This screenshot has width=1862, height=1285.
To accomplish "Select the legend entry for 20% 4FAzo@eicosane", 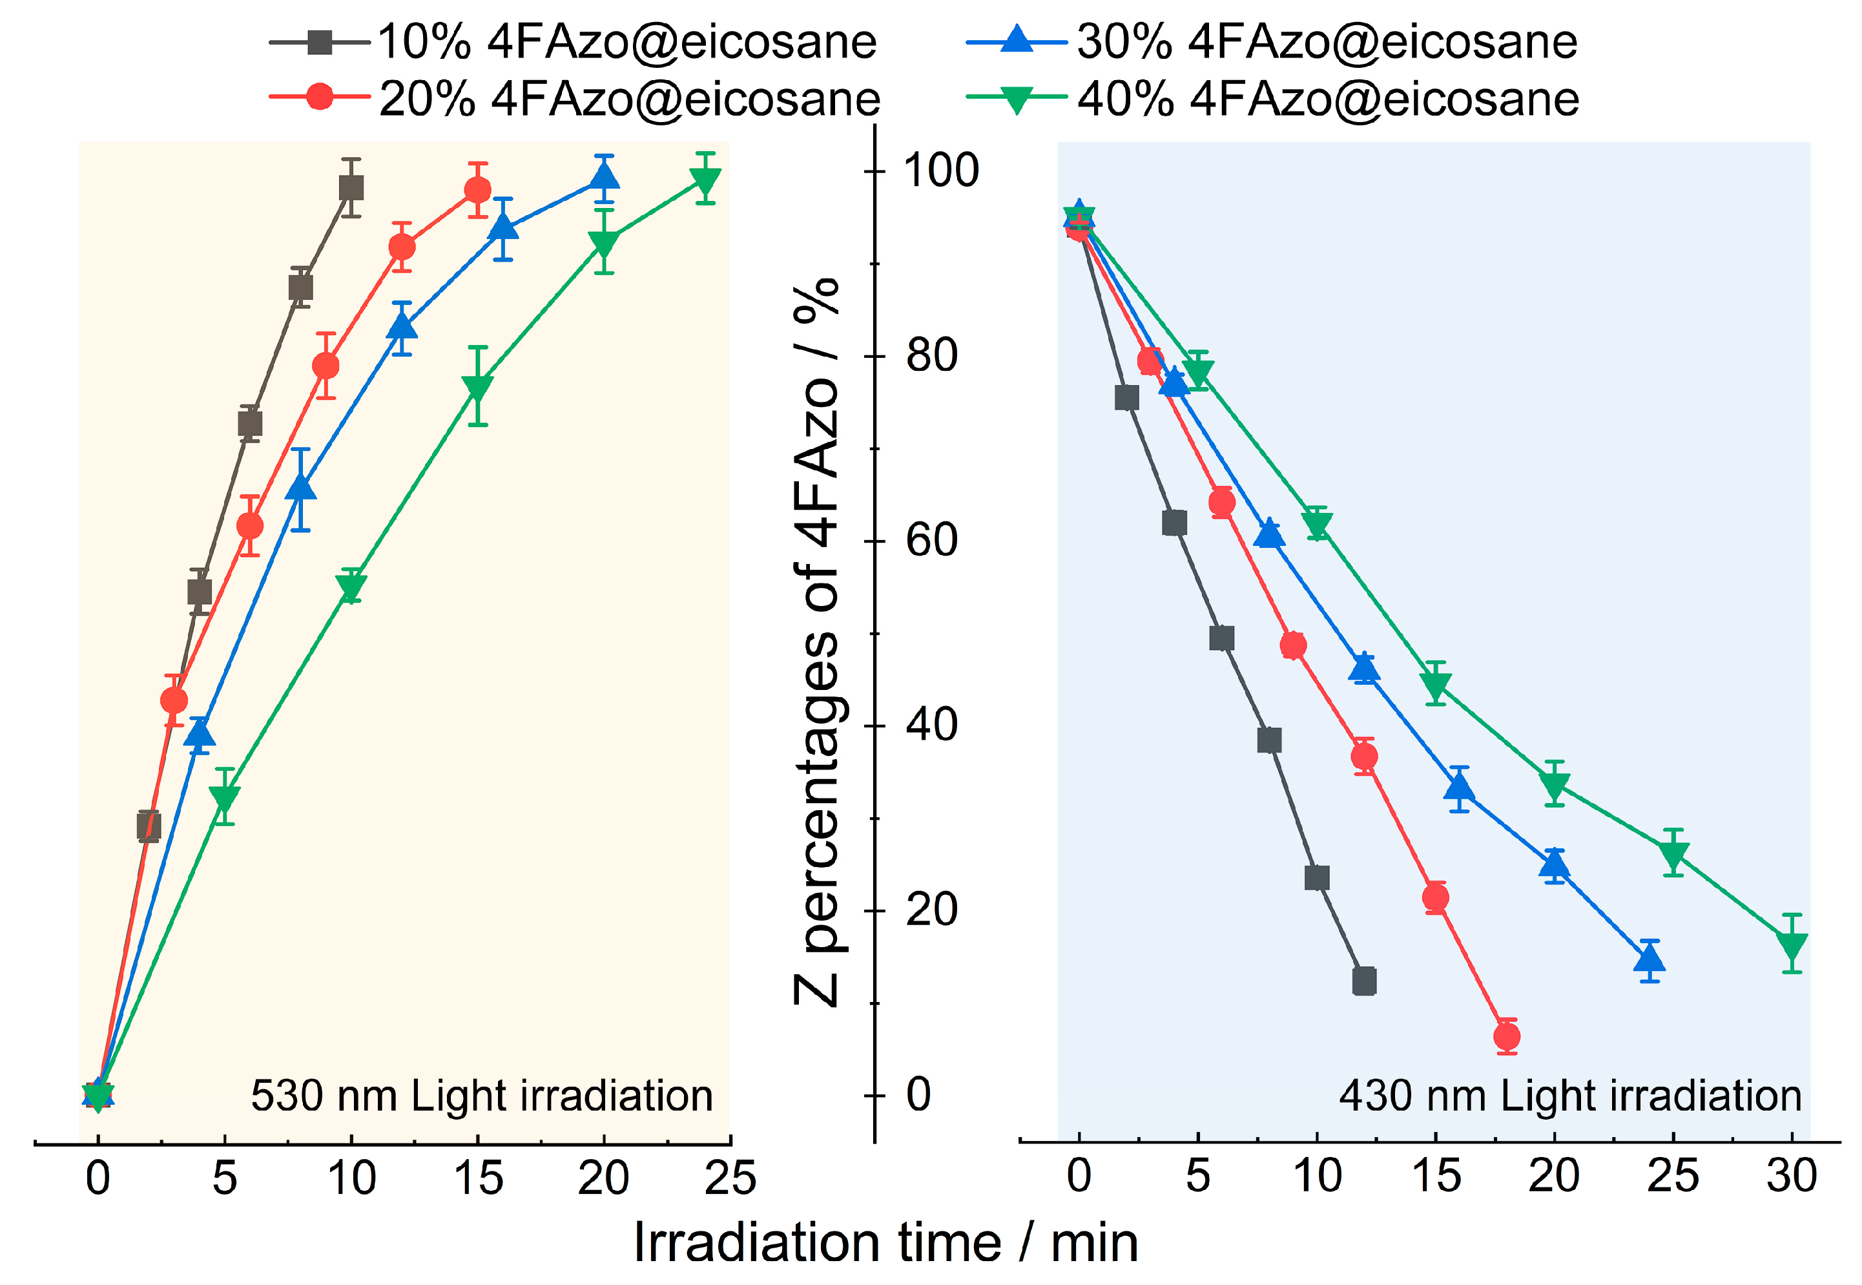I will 575,99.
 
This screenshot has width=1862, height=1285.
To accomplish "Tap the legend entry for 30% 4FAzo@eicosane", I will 1272,42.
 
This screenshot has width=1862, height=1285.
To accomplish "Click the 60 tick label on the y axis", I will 932,540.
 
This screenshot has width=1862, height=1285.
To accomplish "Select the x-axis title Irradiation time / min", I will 885,1242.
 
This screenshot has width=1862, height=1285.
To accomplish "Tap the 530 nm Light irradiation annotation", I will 481,1096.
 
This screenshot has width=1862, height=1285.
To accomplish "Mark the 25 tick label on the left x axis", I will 730,1178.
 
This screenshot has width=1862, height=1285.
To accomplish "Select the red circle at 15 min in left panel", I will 478,191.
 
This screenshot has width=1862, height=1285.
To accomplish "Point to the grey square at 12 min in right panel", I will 1364,981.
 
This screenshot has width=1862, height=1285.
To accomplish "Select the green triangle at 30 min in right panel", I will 1792,946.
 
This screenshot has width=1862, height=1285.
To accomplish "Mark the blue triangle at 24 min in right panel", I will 1650,959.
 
